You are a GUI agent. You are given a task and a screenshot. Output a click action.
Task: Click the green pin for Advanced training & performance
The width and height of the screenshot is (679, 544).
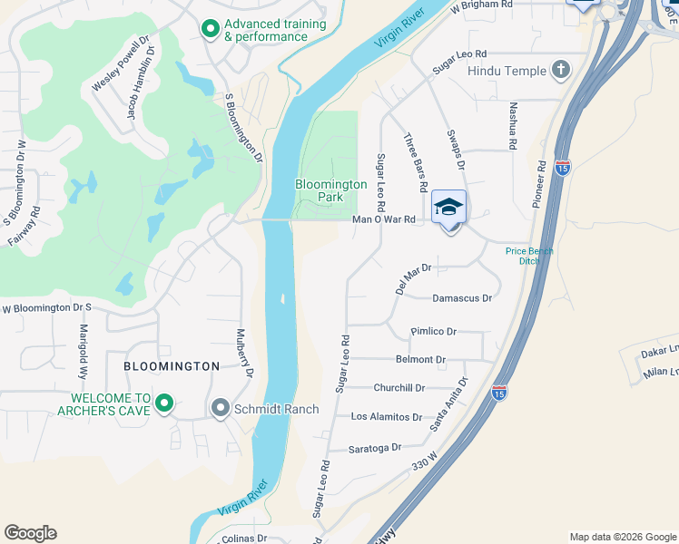click(211, 30)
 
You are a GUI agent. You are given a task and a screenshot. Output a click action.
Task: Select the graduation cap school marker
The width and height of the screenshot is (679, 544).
click(448, 209)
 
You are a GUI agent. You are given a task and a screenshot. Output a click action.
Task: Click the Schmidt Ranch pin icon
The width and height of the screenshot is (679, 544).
click(220, 409)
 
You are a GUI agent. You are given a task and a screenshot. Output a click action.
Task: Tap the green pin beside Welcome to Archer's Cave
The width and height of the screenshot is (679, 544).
click(164, 403)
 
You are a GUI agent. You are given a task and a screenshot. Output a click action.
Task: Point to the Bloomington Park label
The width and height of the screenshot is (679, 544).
click(331, 190)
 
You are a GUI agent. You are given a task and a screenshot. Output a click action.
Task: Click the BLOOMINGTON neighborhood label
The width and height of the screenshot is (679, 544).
click(172, 366)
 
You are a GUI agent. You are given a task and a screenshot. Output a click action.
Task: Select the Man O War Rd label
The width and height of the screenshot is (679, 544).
click(383, 219)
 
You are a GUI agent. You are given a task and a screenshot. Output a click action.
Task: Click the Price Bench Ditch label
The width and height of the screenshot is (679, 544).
click(529, 256)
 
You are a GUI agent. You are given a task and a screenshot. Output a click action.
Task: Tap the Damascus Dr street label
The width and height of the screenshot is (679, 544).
click(461, 297)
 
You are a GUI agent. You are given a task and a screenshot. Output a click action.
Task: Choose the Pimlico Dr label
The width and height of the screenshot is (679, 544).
click(433, 332)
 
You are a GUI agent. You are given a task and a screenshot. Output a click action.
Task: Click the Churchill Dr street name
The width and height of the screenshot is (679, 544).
click(399, 388)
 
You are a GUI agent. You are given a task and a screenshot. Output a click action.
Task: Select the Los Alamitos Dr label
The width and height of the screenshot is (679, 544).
click(387, 417)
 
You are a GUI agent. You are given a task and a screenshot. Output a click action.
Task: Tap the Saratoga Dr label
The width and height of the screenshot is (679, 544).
click(375, 448)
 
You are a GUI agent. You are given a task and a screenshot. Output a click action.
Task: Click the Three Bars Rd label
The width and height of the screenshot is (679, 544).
click(415, 162)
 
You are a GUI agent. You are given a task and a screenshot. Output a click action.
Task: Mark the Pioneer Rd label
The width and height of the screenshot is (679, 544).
click(540, 185)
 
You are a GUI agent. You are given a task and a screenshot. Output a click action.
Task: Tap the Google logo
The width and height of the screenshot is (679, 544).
click(30, 533)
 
